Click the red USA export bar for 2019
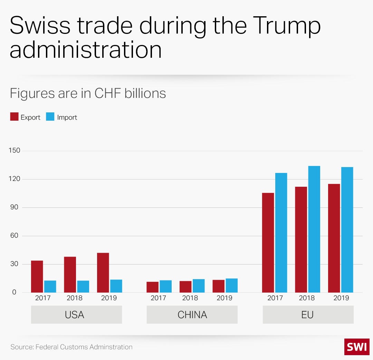point(103,273)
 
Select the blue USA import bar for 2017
point(50,286)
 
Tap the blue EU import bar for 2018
point(314,229)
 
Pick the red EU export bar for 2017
point(268,243)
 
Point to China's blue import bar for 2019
point(232,285)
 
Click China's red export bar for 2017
point(152,287)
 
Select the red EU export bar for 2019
point(334,238)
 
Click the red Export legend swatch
point(14,117)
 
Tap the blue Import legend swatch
point(50,117)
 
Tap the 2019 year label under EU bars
point(341,298)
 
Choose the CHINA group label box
point(192,315)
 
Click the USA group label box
point(76,315)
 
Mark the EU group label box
point(308,315)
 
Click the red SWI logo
point(357,347)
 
